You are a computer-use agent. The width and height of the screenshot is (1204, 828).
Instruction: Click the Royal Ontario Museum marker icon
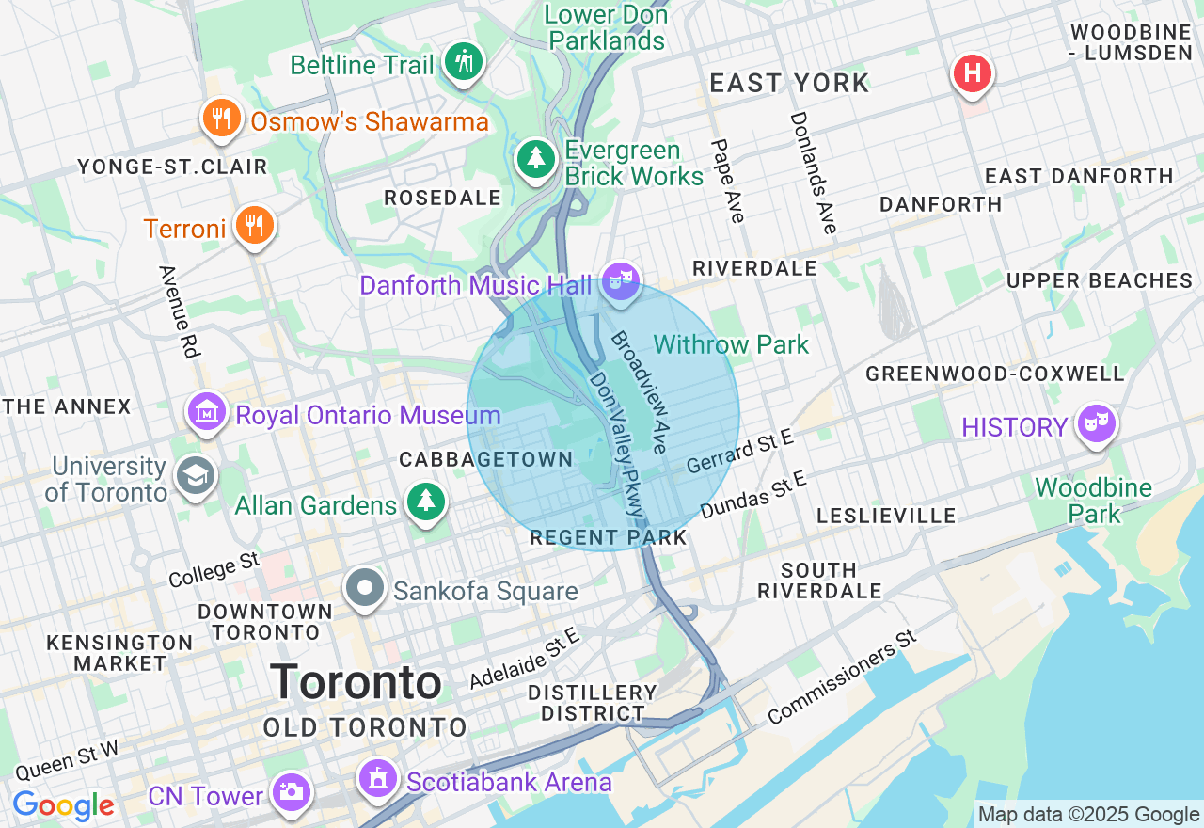[x=207, y=411]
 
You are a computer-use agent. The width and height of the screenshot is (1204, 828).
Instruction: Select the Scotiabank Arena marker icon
[x=378, y=777]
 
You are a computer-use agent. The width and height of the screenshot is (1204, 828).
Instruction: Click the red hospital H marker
[x=973, y=73]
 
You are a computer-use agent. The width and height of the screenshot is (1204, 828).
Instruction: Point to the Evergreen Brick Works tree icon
[x=536, y=158]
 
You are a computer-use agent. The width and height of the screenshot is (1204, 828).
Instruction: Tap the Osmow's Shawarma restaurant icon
[x=221, y=119]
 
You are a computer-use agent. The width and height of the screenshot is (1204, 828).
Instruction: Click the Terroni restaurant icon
[x=254, y=225]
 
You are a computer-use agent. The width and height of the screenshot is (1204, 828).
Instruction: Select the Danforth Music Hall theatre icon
[x=621, y=280]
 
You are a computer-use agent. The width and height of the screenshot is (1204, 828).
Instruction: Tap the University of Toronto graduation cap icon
[x=196, y=476]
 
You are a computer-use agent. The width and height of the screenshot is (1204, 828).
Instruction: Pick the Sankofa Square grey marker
[x=365, y=588]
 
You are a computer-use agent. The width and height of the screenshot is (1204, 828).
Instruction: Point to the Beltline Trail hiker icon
[x=463, y=61]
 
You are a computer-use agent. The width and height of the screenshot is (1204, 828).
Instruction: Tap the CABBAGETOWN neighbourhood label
[x=486, y=459]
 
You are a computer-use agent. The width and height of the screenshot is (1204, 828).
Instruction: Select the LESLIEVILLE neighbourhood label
[x=886, y=516]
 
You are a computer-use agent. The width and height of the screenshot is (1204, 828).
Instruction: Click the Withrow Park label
[x=731, y=344]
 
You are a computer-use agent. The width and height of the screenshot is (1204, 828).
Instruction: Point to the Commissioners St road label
[x=841, y=677]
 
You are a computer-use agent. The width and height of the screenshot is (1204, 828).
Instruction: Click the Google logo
[x=63, y=806]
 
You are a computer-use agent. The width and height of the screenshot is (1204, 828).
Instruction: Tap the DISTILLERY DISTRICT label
[x=593, y=702]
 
